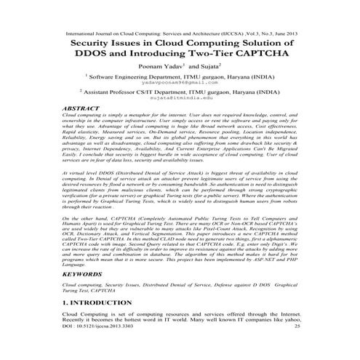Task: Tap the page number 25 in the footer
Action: pyautogui.click(x=295, y=348)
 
